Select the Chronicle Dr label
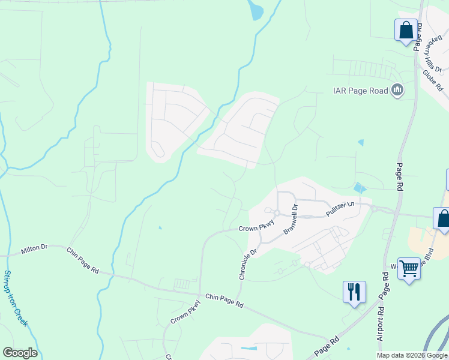click(247, 264)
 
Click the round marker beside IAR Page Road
click(397, 91)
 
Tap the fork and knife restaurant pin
click(354, 292)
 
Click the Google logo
click(20, 353)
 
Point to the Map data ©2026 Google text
click(412, 355)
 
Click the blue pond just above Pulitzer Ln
click(360, 188)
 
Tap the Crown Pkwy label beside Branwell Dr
click(256, 227)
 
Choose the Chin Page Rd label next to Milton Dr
click(83, 261)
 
